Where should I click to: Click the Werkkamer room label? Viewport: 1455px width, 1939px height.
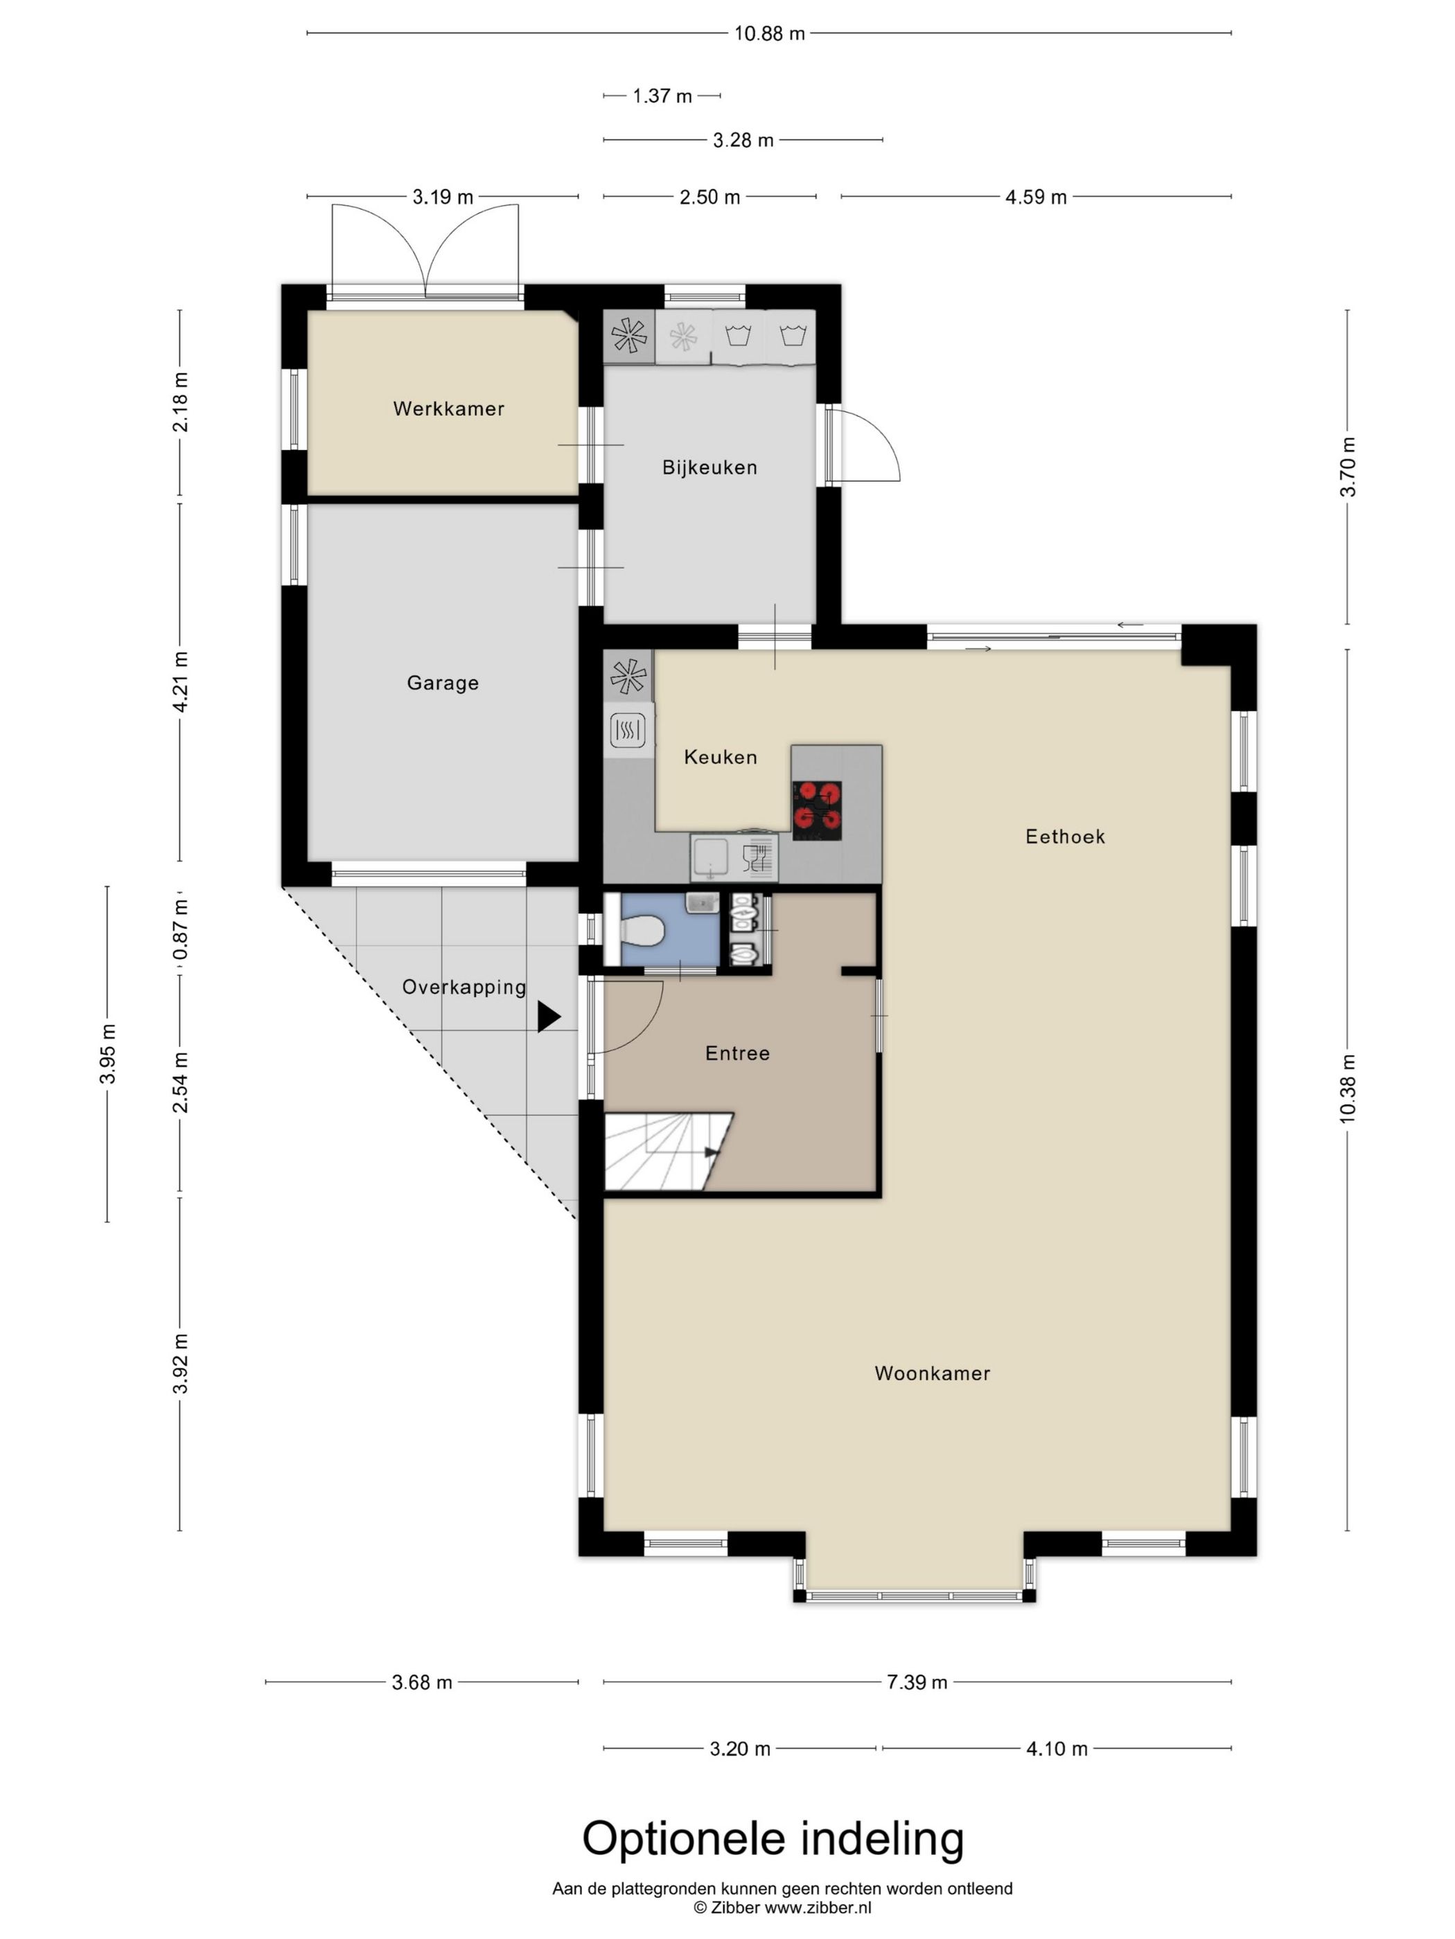point(448,409)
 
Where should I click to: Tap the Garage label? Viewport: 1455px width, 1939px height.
point(443,683)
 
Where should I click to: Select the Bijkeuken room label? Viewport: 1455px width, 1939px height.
point(709,467)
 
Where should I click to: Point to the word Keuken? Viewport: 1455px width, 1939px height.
point(720,756)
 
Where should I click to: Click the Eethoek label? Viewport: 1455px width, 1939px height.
point(1065,837)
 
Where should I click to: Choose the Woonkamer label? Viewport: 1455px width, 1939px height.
point(933,1373)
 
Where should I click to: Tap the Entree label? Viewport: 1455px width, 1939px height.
point(738,1053)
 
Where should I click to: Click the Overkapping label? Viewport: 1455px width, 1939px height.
point(464,987)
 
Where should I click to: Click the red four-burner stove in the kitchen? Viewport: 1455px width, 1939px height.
point(816,805)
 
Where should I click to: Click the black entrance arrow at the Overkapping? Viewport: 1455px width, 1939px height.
point(549,1016)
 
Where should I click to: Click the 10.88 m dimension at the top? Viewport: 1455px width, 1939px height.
point(769,33)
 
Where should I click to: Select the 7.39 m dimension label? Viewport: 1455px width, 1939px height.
point(917,1681)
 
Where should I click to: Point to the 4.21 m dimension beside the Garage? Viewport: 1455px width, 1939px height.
point(181,682)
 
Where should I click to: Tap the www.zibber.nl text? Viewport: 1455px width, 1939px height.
point(818,1907)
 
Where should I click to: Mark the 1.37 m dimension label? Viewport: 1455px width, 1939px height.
point(662,96)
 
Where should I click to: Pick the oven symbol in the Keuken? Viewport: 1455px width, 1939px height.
point(628,729)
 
